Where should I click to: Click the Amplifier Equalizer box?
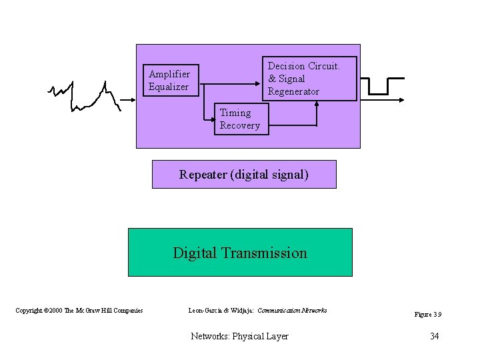coord(171,80)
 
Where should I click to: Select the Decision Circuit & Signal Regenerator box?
coord(309,79)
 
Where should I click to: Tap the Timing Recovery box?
coord(241,119)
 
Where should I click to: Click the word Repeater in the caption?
coord(203,175)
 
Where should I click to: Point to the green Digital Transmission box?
coord(240,252)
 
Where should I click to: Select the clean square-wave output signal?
coord(387,87)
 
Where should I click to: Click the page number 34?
coord(434,336)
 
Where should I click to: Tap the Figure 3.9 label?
coord(428,315)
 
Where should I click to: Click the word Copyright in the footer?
coord(29,311)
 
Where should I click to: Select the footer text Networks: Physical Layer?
coord(239,336)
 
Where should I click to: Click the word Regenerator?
coord(293,92)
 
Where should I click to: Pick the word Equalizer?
coord(169,87)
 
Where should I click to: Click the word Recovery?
coord(240,126)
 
